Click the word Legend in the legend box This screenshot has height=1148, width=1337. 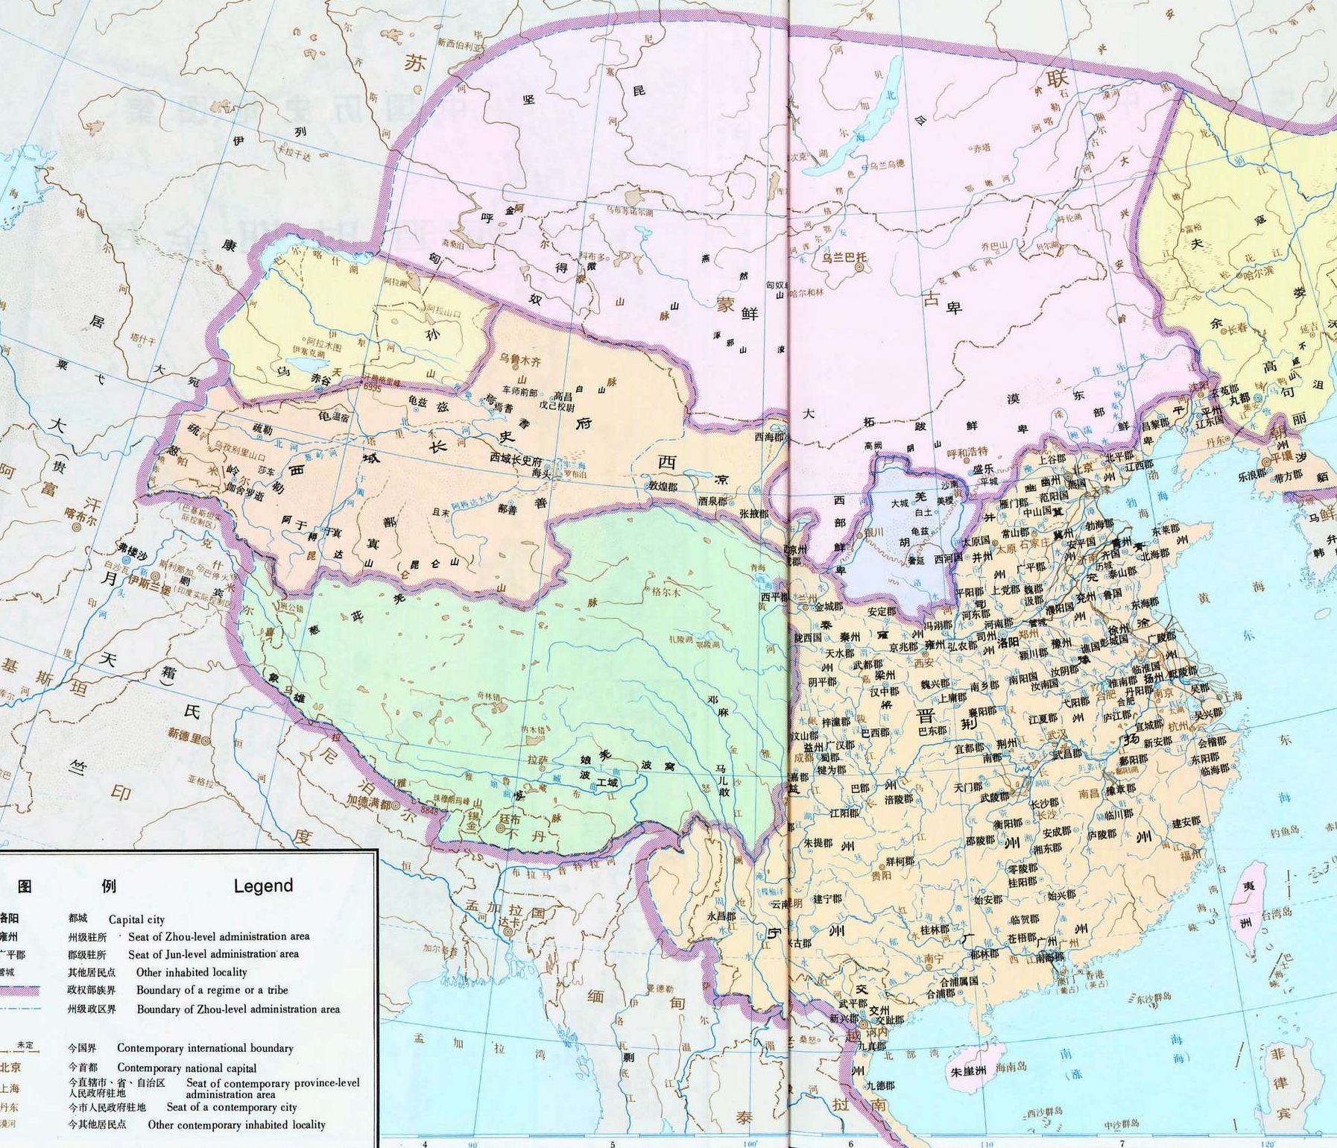[263, 886]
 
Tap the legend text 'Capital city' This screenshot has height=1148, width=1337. [136, 919]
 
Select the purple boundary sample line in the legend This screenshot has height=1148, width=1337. [30, 991]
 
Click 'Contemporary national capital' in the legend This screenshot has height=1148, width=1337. [186, 1067]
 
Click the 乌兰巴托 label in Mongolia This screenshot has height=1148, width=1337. [844, 258]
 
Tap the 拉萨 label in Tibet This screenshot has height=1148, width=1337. [537, 760]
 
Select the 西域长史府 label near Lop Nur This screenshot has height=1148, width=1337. [516, 459]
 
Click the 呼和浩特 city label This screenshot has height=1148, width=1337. [967, 452]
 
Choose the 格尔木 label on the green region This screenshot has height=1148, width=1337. [666, 593]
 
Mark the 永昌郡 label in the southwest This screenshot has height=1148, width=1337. [721, 915]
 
